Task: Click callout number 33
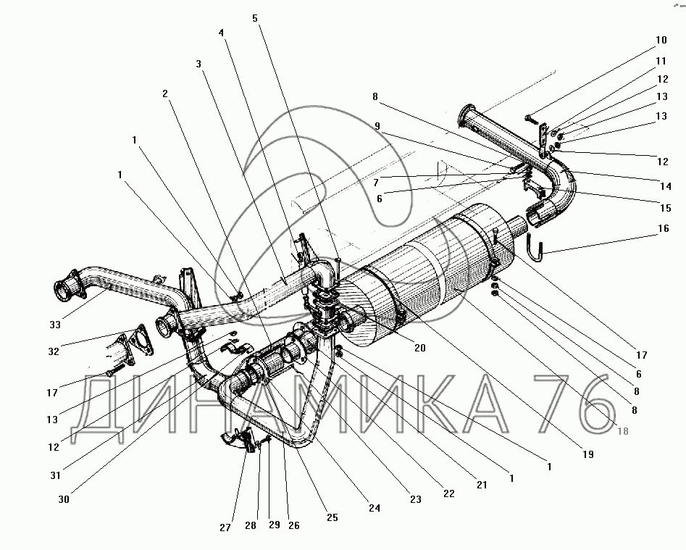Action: coord(55,325)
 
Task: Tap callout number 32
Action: coord(54,351)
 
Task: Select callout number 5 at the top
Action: coord(255,18)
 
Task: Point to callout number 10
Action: coord(661,41)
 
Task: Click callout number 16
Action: coord(664,228)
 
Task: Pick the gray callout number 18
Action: coord(622,431)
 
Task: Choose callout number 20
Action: coord(419,348)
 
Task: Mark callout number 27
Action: coord(225,528)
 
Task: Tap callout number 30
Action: coord(64,499)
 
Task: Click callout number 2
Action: coord(165,93)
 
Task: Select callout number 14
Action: coord(666,186)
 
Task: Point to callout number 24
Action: coord(374,508)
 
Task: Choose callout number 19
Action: coord(588,454)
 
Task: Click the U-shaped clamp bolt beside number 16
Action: coord(535,248)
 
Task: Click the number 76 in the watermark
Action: coord(572,406)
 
